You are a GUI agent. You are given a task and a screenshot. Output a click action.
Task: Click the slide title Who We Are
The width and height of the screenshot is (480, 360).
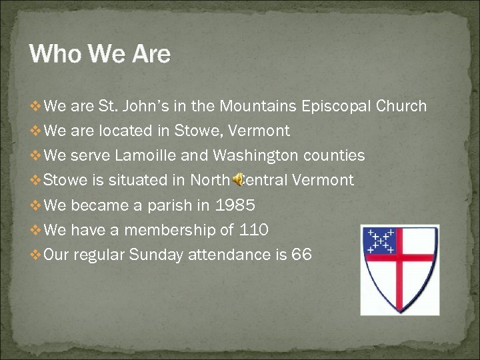[x=100, y=54]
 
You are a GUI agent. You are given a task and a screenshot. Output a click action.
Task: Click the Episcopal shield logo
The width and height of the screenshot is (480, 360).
[x=399, y=269]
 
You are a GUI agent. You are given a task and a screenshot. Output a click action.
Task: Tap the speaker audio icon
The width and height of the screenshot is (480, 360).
[x=237, y=180]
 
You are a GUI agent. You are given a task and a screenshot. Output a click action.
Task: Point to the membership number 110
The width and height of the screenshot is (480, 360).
[x=253, y=231]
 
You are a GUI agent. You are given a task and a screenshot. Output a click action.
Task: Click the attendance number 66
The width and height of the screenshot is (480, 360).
[x=301, y=255]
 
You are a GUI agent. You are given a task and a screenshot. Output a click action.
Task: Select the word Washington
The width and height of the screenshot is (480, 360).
[x=255, y=156]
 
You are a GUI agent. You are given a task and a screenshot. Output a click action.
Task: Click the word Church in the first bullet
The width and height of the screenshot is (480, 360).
[x=401, y=107]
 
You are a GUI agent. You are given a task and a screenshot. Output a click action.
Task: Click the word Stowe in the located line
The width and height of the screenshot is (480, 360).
[x=194, y=131]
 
